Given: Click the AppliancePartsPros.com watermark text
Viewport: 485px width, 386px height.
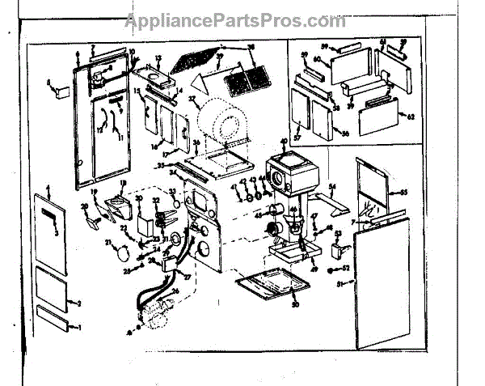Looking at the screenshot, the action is (234, 19).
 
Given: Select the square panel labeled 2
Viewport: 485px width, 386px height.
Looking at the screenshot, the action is (57, 287).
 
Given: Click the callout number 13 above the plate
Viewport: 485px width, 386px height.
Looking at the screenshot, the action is (158, 59).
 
